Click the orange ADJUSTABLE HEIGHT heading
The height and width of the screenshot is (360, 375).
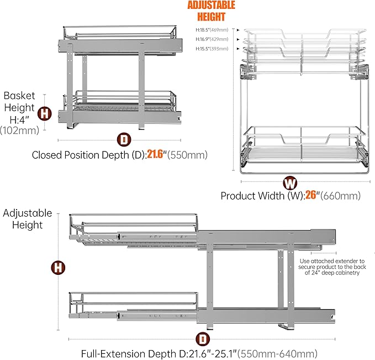(x=211, y=11)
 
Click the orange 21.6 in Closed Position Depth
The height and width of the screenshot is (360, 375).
(x=157, y=155)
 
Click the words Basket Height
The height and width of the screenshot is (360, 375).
(x=19, y=101)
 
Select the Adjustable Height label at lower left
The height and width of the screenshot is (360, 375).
(x=28, y=219)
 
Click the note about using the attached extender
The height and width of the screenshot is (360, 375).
(x=331, y=270)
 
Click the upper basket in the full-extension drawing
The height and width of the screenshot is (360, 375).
(x=133, y=228)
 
